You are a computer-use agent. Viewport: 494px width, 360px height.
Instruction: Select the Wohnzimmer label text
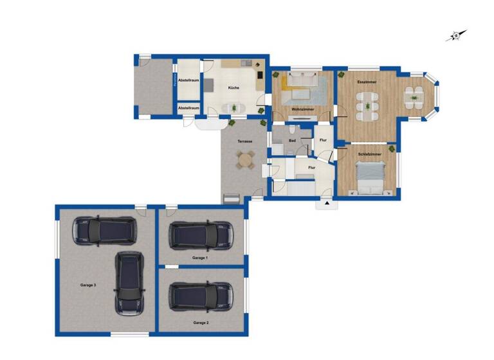(x=302, y=110)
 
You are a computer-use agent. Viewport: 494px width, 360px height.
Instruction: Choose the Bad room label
(x=292, y=140)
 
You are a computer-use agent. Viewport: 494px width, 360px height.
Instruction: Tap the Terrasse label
(x=244, y=141)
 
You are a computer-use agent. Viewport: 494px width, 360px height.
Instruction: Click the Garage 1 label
(x=200, y=257)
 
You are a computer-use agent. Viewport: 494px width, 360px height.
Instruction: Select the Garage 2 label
(x=200, y=322)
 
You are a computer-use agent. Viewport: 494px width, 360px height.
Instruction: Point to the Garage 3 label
(x=88, y=284)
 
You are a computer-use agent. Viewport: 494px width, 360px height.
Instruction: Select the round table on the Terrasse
(x=245, y=160)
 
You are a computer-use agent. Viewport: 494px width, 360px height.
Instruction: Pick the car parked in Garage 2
(x=200, y=296)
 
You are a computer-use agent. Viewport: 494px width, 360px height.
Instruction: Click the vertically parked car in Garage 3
(x=129, y=283)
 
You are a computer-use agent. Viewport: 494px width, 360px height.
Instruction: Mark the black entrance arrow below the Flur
(x=327, y=203)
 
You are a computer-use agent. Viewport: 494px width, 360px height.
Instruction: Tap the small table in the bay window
(x=413, y=98)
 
